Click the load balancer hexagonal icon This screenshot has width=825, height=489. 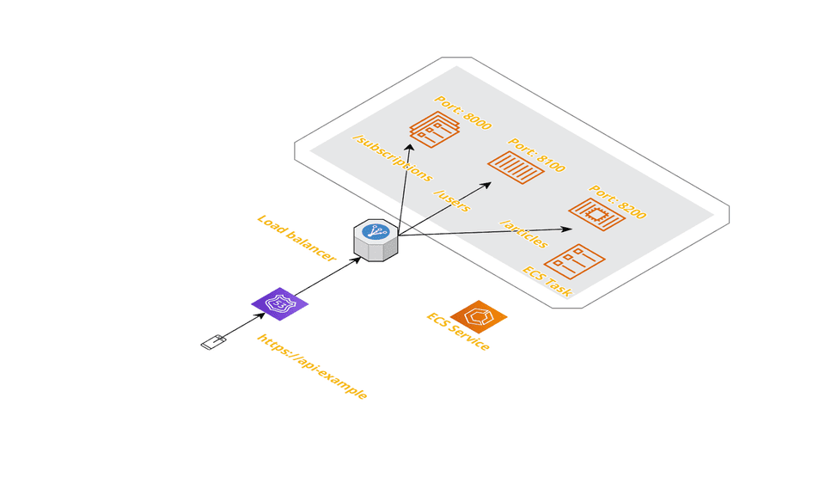[x=376, y=240]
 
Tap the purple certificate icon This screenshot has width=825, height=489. [x=279, y=303]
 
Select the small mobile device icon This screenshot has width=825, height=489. [x=213, y=342]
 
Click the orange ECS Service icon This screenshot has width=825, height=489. [x=478, y=316]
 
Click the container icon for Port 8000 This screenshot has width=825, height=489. [x=435, y=130]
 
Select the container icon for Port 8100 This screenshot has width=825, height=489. [x=516, y=166]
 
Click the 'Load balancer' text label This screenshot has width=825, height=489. [x=296, y=236]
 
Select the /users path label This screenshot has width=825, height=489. [x=451, y=200]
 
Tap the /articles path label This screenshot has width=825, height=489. [x=523, y=232]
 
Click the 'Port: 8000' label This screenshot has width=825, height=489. [x=462, y=113]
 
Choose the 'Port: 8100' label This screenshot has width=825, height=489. [x=537, y=155]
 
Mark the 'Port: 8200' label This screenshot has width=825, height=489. [x=617, y=200]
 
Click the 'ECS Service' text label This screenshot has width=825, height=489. [x=458, y=332]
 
